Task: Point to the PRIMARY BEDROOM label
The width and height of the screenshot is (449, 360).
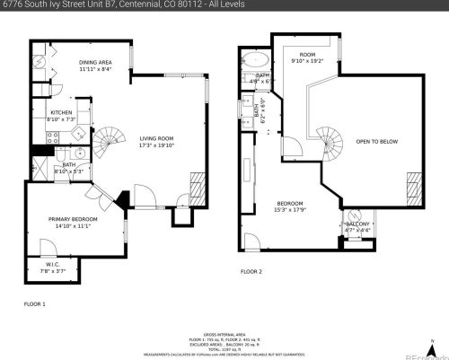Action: click(x=73, y=219)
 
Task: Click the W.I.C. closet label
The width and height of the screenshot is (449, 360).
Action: click(x=52, y=264)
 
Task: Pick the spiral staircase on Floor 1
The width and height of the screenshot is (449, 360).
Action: click(x=112, y=138)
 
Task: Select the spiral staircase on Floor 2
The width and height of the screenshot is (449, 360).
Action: click(x=330, y=141)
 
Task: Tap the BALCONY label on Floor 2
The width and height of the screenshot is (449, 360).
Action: click(x=357, y=224)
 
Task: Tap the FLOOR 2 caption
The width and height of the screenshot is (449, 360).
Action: click(x=251, y=270)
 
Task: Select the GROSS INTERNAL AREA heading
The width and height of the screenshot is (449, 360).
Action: click(x=224, y=331)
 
